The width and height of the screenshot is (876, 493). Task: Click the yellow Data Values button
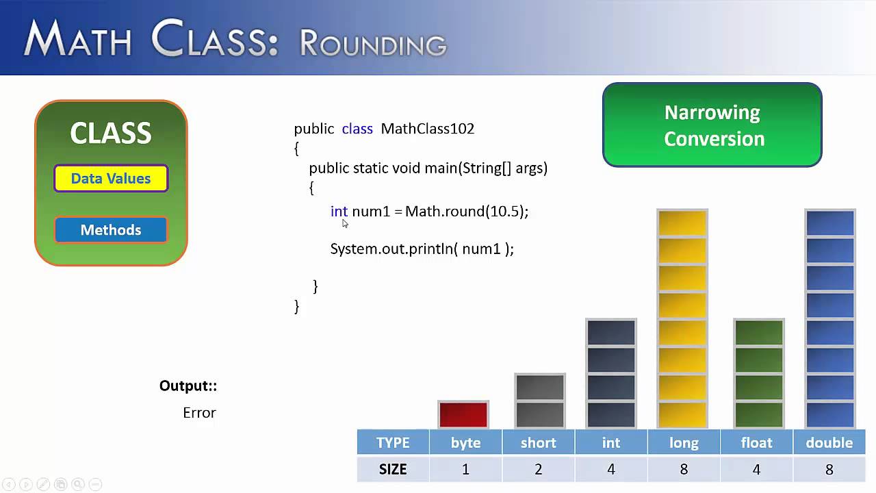[x=111, y=179]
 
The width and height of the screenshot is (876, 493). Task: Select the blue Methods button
[x=111, y=230]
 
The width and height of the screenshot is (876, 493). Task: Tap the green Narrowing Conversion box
[x=712, y=125]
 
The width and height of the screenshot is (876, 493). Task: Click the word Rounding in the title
[x=373, y=43]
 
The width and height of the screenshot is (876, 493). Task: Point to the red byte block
[x=463, y=415]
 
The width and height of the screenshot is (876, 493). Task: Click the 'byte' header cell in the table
[x=465, y=443]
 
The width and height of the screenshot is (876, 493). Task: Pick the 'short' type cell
[x=539, y=443]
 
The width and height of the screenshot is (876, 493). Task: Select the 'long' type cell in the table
[x=684, y=443]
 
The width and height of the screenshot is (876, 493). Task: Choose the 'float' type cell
[x=756, y=443]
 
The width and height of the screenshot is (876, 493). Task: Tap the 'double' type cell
[x=829, y=443]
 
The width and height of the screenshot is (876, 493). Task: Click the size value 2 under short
[x=539, y=469]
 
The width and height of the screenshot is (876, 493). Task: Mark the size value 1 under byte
[x=465, y=469]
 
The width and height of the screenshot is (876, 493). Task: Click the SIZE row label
[x=393, y=469]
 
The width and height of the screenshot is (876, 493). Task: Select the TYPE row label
[x=393, y=443]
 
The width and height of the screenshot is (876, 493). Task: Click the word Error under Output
[x=199, y=413]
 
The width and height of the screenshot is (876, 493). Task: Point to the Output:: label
[x=188, y=386]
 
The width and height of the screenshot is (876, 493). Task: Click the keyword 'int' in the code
[x=339, y=212]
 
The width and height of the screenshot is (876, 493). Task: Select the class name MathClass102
[x=427, y=129]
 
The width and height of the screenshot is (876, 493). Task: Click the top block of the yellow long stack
[x=682, y=223]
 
